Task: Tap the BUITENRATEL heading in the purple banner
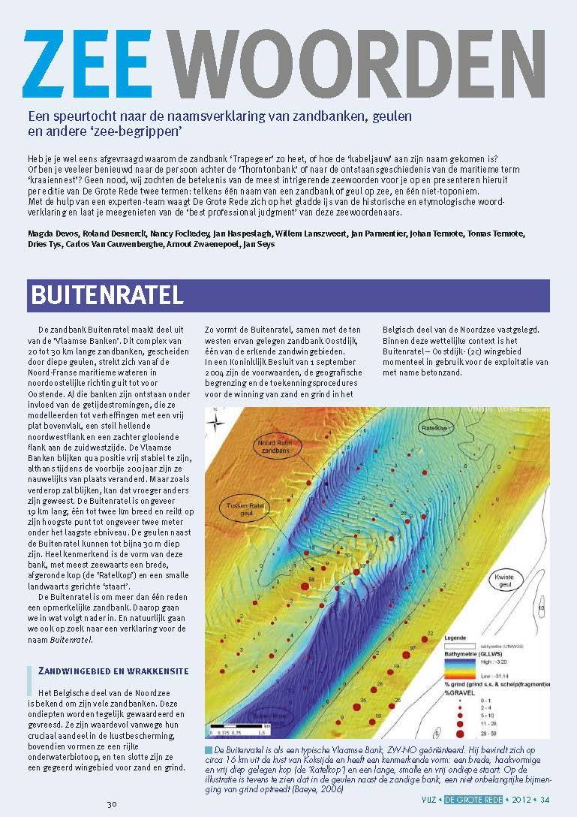pos(107,294)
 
